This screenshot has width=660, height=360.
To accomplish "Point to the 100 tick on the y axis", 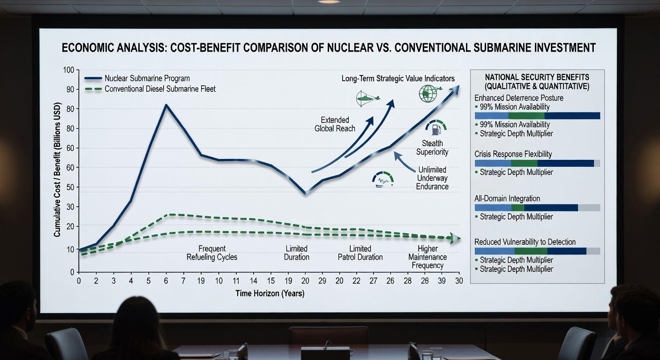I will pos(68,70).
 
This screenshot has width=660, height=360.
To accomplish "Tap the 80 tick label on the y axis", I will pos(70,109).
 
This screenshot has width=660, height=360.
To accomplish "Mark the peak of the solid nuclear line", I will pos(166,105).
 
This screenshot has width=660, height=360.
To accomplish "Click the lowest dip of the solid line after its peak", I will pos(306,193).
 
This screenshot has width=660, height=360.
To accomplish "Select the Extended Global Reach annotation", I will pos(335,124).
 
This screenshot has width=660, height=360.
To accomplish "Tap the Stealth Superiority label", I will pos(432,147).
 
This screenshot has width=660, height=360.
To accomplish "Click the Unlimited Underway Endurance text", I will pos(432,178).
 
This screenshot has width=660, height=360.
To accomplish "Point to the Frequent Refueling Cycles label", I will pos(212,253).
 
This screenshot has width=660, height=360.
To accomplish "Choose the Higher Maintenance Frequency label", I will pos(427,257).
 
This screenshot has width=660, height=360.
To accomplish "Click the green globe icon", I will pos(428,93).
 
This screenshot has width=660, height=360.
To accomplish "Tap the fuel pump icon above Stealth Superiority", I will pos(435,127).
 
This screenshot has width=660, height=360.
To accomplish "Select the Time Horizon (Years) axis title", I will pos(270,293).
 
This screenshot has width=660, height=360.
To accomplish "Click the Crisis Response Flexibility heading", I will pos(513,154).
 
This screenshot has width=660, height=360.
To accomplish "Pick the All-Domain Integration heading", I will pos(507,199).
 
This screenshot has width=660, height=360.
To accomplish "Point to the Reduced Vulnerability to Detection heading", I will pos(525,242).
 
